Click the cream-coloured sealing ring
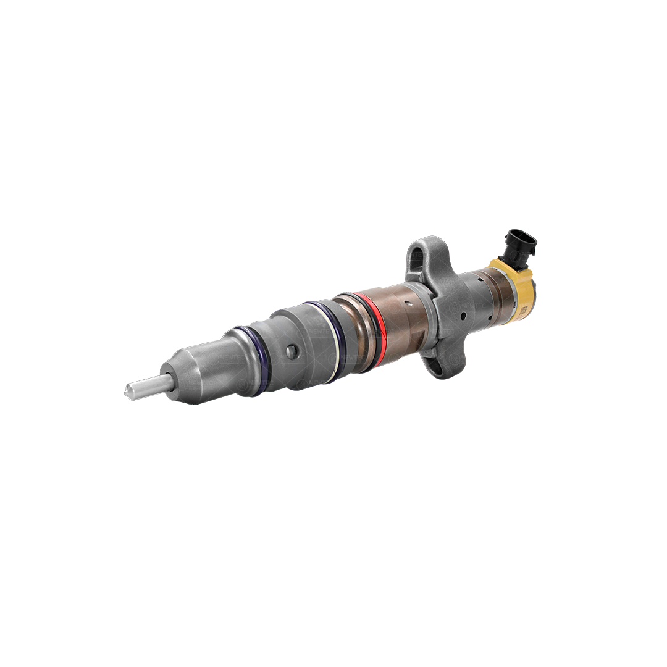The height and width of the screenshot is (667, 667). pos(337,337)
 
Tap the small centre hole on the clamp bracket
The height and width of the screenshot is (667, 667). pos(463,314)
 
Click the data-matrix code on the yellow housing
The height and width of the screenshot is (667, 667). pos(524,307)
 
